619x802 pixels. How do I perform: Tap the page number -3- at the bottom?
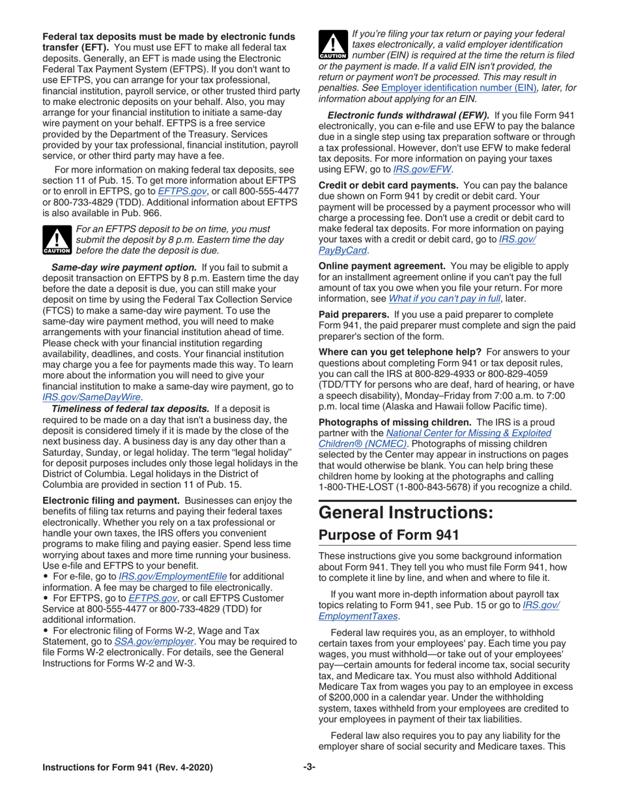[x=309, y=767]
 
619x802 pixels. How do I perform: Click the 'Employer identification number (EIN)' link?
[x=453, y=87]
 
